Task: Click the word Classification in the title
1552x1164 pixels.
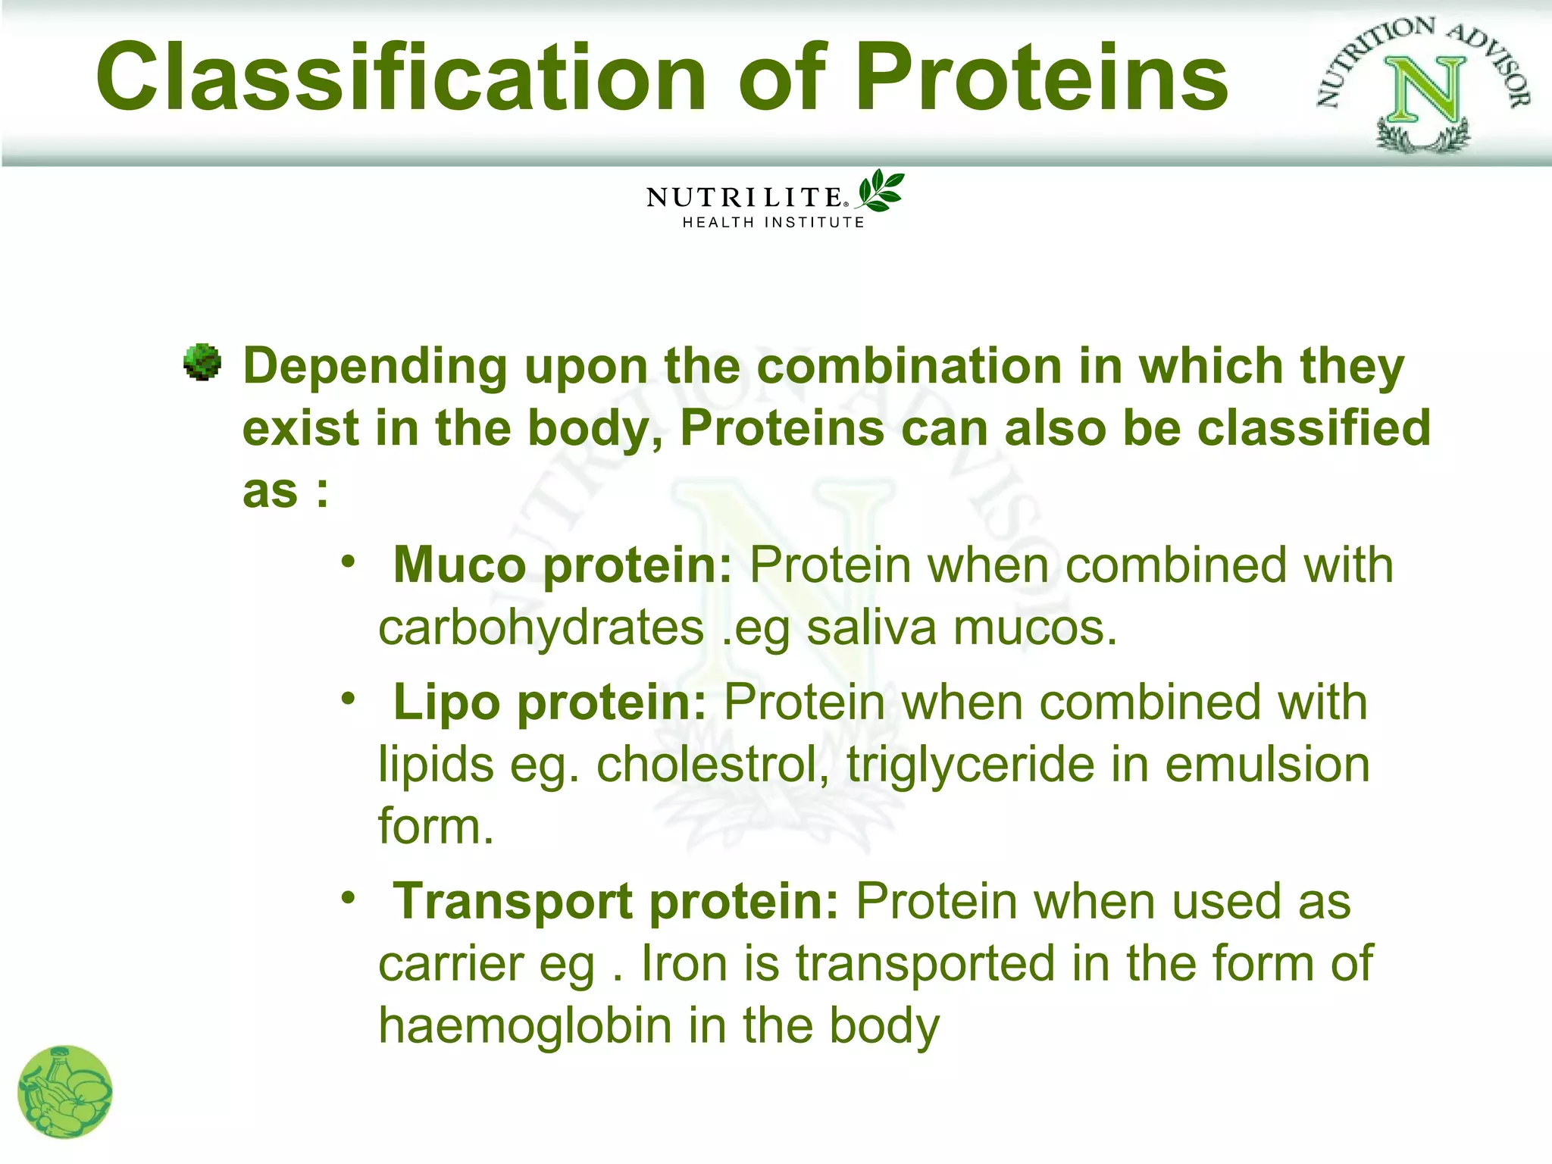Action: [402, 77]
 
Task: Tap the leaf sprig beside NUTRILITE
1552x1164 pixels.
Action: [881, 190]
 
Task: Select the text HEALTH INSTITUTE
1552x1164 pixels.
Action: [773, 223]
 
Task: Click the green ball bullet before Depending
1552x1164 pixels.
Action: [202, 362]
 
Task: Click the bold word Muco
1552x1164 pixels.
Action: [459, 565]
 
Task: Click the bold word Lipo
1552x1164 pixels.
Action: [446, 702]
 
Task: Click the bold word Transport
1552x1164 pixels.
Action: [513, 902]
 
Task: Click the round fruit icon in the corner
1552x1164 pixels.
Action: [65, 1092]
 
